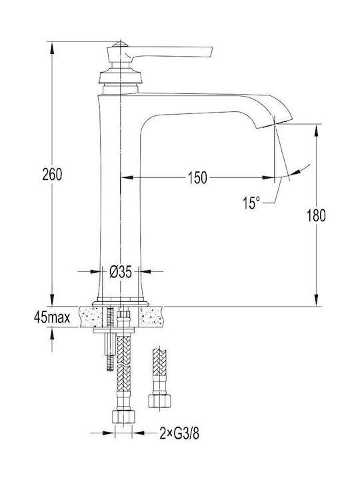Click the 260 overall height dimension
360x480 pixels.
(x=52, y=175)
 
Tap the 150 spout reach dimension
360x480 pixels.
(x=197, y=177)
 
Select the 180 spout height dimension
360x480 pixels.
(x=316, y=215)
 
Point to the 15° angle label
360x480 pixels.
(x=251, y=203)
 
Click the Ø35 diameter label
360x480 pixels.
(x=121, y=271)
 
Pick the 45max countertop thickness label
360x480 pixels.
(x=52, y=318)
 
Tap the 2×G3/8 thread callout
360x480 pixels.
(x=179, y=433)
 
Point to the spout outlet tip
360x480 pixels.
(x=275, y=124)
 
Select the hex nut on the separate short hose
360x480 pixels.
(x=159, y=401)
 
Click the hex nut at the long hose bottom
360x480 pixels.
(x=124, y=416)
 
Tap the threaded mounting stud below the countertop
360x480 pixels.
(x=110, y=351)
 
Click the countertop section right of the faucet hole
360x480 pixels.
(x=151, y=317)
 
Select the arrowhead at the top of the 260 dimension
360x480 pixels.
(x=52, y=48)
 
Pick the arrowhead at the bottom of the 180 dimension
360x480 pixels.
(x=316, y=299)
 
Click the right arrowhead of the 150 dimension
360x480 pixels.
(x=268, y=177)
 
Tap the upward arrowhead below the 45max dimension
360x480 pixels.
(x=52, y=334)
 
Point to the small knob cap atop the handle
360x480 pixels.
(x=120, y=44)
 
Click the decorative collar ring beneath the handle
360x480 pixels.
(x=121, y=77)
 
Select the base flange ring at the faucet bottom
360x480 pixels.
(x=121, y=303)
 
